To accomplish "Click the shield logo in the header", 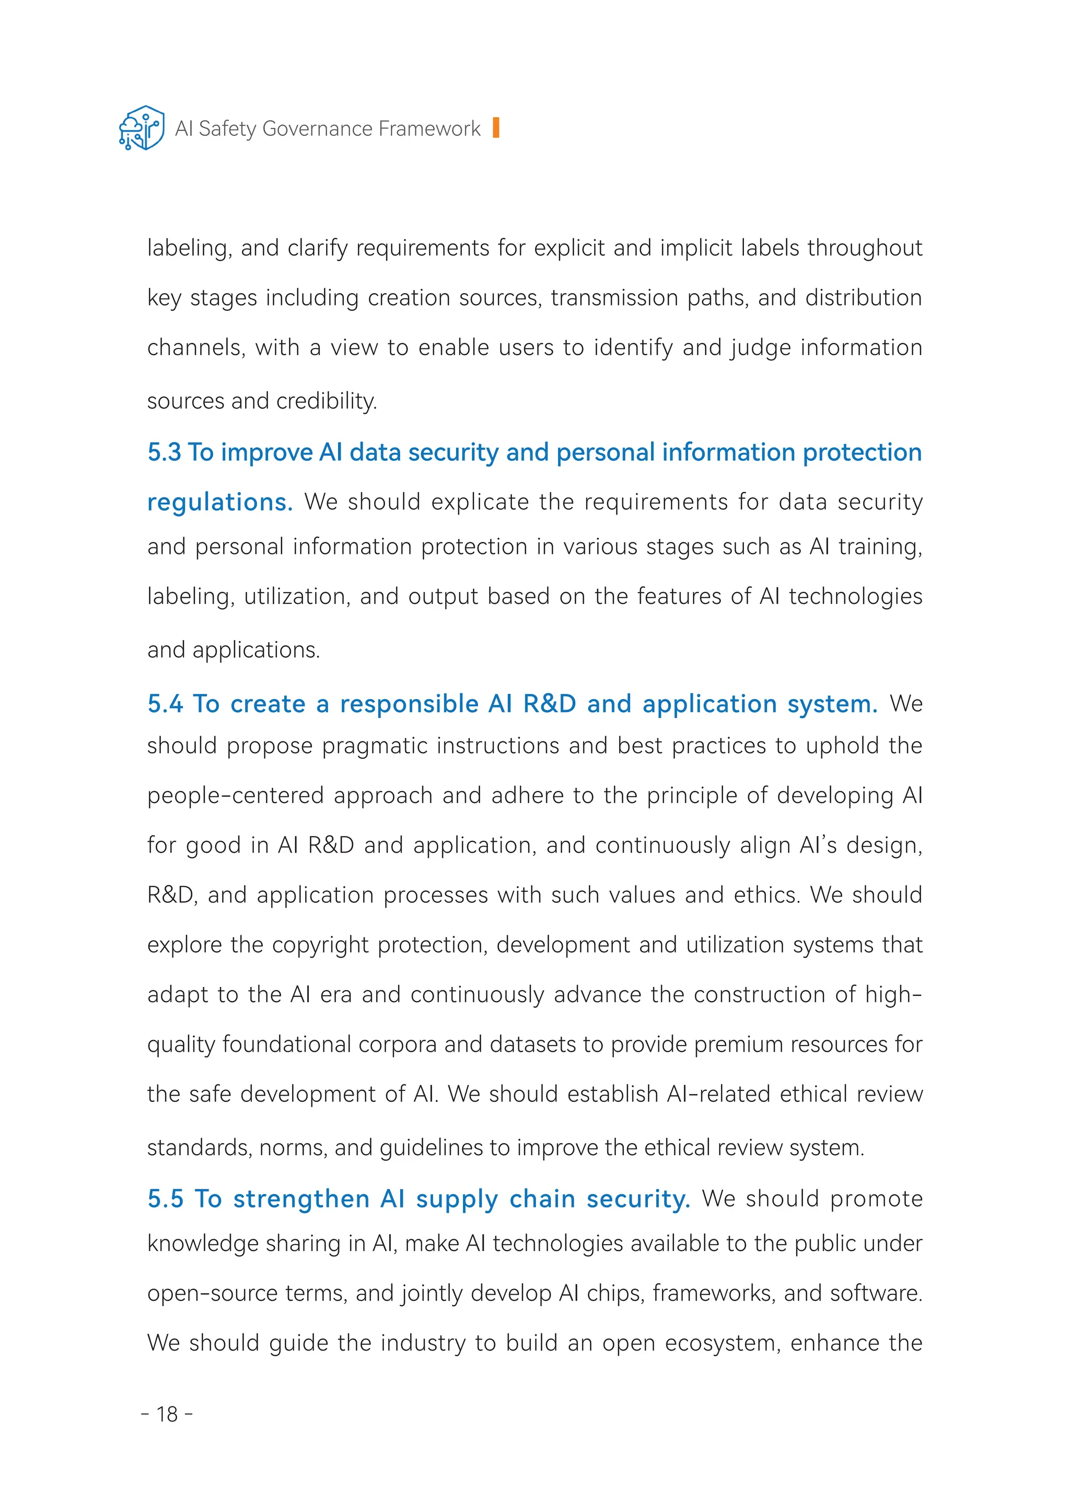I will tap(142, 128).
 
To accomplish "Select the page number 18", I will tap(167, 1414).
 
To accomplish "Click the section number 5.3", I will tap(164, 452).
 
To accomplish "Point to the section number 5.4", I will tap(165, 704).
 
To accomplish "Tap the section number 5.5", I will tap(165, 1199).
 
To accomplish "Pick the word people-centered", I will tap(235, 796).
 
